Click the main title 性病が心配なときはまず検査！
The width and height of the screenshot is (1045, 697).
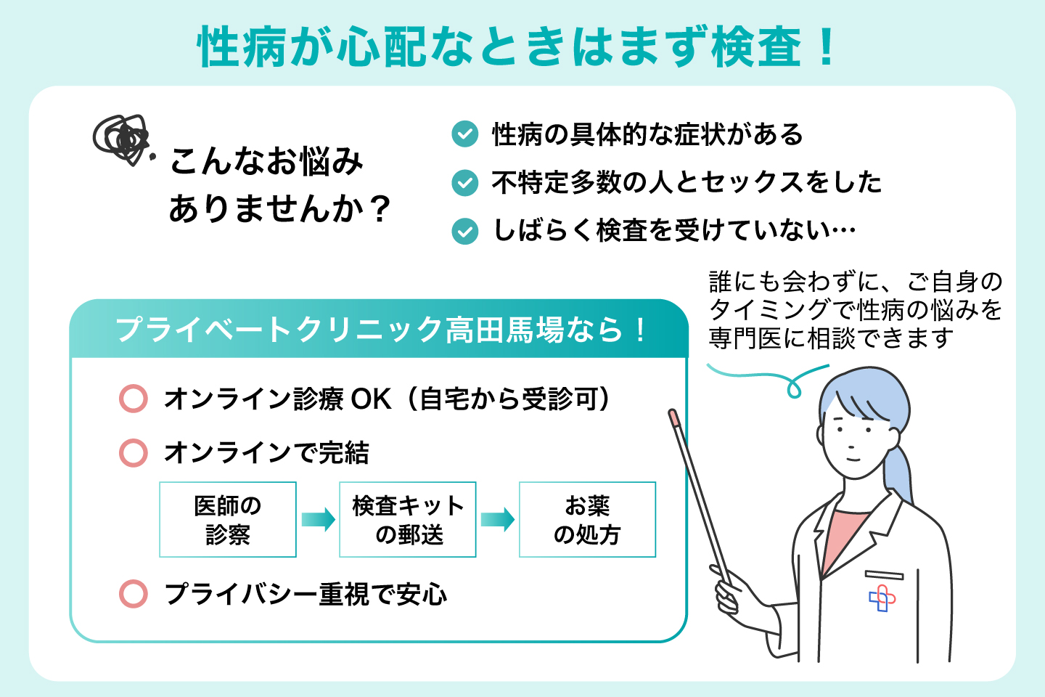[517, 47]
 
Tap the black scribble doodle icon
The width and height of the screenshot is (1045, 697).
[121, 138]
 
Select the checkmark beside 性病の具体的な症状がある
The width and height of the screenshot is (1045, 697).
[464, 134]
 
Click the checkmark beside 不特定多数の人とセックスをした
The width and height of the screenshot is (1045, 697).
[464, 182]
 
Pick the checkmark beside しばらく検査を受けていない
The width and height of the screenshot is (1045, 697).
[464, 231]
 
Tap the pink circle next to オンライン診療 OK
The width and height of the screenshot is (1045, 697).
[134, 399]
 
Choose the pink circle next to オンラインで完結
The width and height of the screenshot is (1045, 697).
[134, 452]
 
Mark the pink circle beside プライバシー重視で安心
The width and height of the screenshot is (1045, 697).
[134, 594]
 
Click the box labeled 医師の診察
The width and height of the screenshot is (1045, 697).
[228, 520]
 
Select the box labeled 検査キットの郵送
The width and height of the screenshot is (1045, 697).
[408, 520]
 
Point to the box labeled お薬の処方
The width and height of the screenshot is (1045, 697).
[587, 520]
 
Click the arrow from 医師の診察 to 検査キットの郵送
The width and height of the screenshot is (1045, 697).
[318, 520]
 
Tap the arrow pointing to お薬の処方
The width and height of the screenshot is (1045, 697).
[498, 520]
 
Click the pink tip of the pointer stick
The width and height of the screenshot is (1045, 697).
[673, 417]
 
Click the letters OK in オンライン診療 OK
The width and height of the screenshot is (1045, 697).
[371, 399]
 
